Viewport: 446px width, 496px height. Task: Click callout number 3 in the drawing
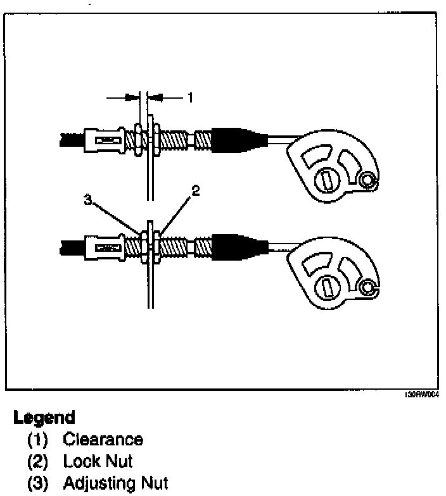tap(88, 201)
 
